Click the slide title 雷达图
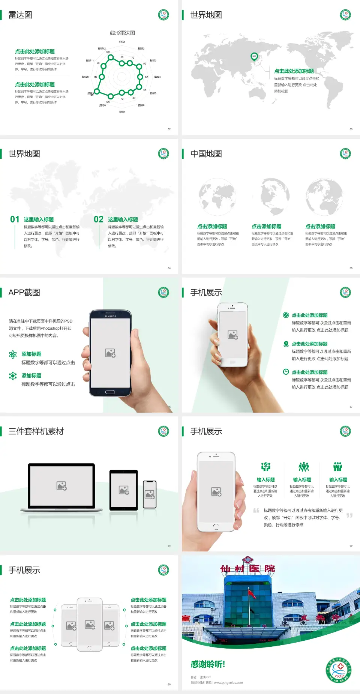[20, 15]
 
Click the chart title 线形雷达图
[122, 33]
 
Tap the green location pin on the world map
[254, 57]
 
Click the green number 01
[15, 219]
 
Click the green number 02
[99, 219]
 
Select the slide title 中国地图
[206, 154]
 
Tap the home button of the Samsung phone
[110, 392]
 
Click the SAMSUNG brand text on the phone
[110, 316]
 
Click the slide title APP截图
[24, 293]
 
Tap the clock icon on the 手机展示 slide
[286, 372]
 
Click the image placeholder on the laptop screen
[61, 486]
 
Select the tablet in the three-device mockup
[124, 490]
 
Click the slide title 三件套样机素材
[36, 431]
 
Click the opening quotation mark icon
[256, 511]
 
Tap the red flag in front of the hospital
[252, 593]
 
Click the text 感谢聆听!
[208, 664]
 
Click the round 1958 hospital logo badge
[338, 670]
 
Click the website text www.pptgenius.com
[228, 683]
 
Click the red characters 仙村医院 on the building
[247, 569]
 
